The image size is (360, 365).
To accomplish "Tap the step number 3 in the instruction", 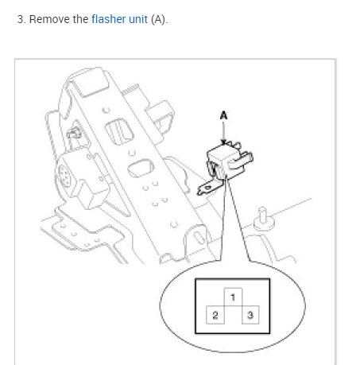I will pos(20,19).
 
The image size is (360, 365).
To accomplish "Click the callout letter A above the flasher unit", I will pos(223,115).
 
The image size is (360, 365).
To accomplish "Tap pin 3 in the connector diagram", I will pos(250,316).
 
